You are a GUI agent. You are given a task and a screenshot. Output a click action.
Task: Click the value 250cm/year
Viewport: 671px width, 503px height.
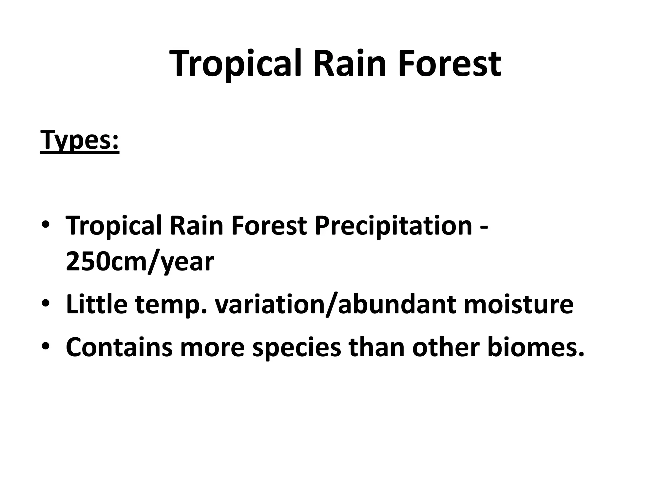pyautogui.click(x=140, y=262)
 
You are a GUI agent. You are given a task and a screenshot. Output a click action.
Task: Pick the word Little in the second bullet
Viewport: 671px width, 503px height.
pyautogui.click(x=96, y=304)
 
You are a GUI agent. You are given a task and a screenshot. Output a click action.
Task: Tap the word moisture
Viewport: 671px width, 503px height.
pyautogui.click(x=518, y=304)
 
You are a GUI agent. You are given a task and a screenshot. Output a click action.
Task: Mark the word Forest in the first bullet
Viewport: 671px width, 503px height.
pyautogui.click(x=269, y=226)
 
